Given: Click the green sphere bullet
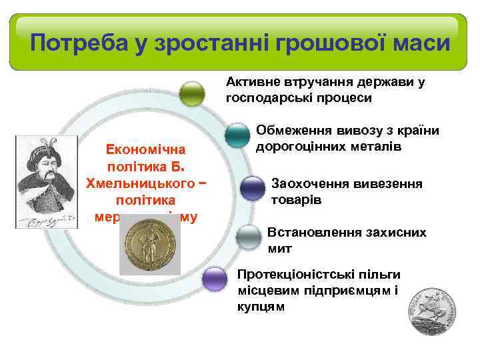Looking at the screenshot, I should point(193,93).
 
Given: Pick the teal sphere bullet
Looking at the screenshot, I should point(237,135).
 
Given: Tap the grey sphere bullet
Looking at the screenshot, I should point(249,237).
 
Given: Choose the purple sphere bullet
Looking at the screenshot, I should point(215,279).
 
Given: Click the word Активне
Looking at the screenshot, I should point(251,82).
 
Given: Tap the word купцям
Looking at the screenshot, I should point(261,307).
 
